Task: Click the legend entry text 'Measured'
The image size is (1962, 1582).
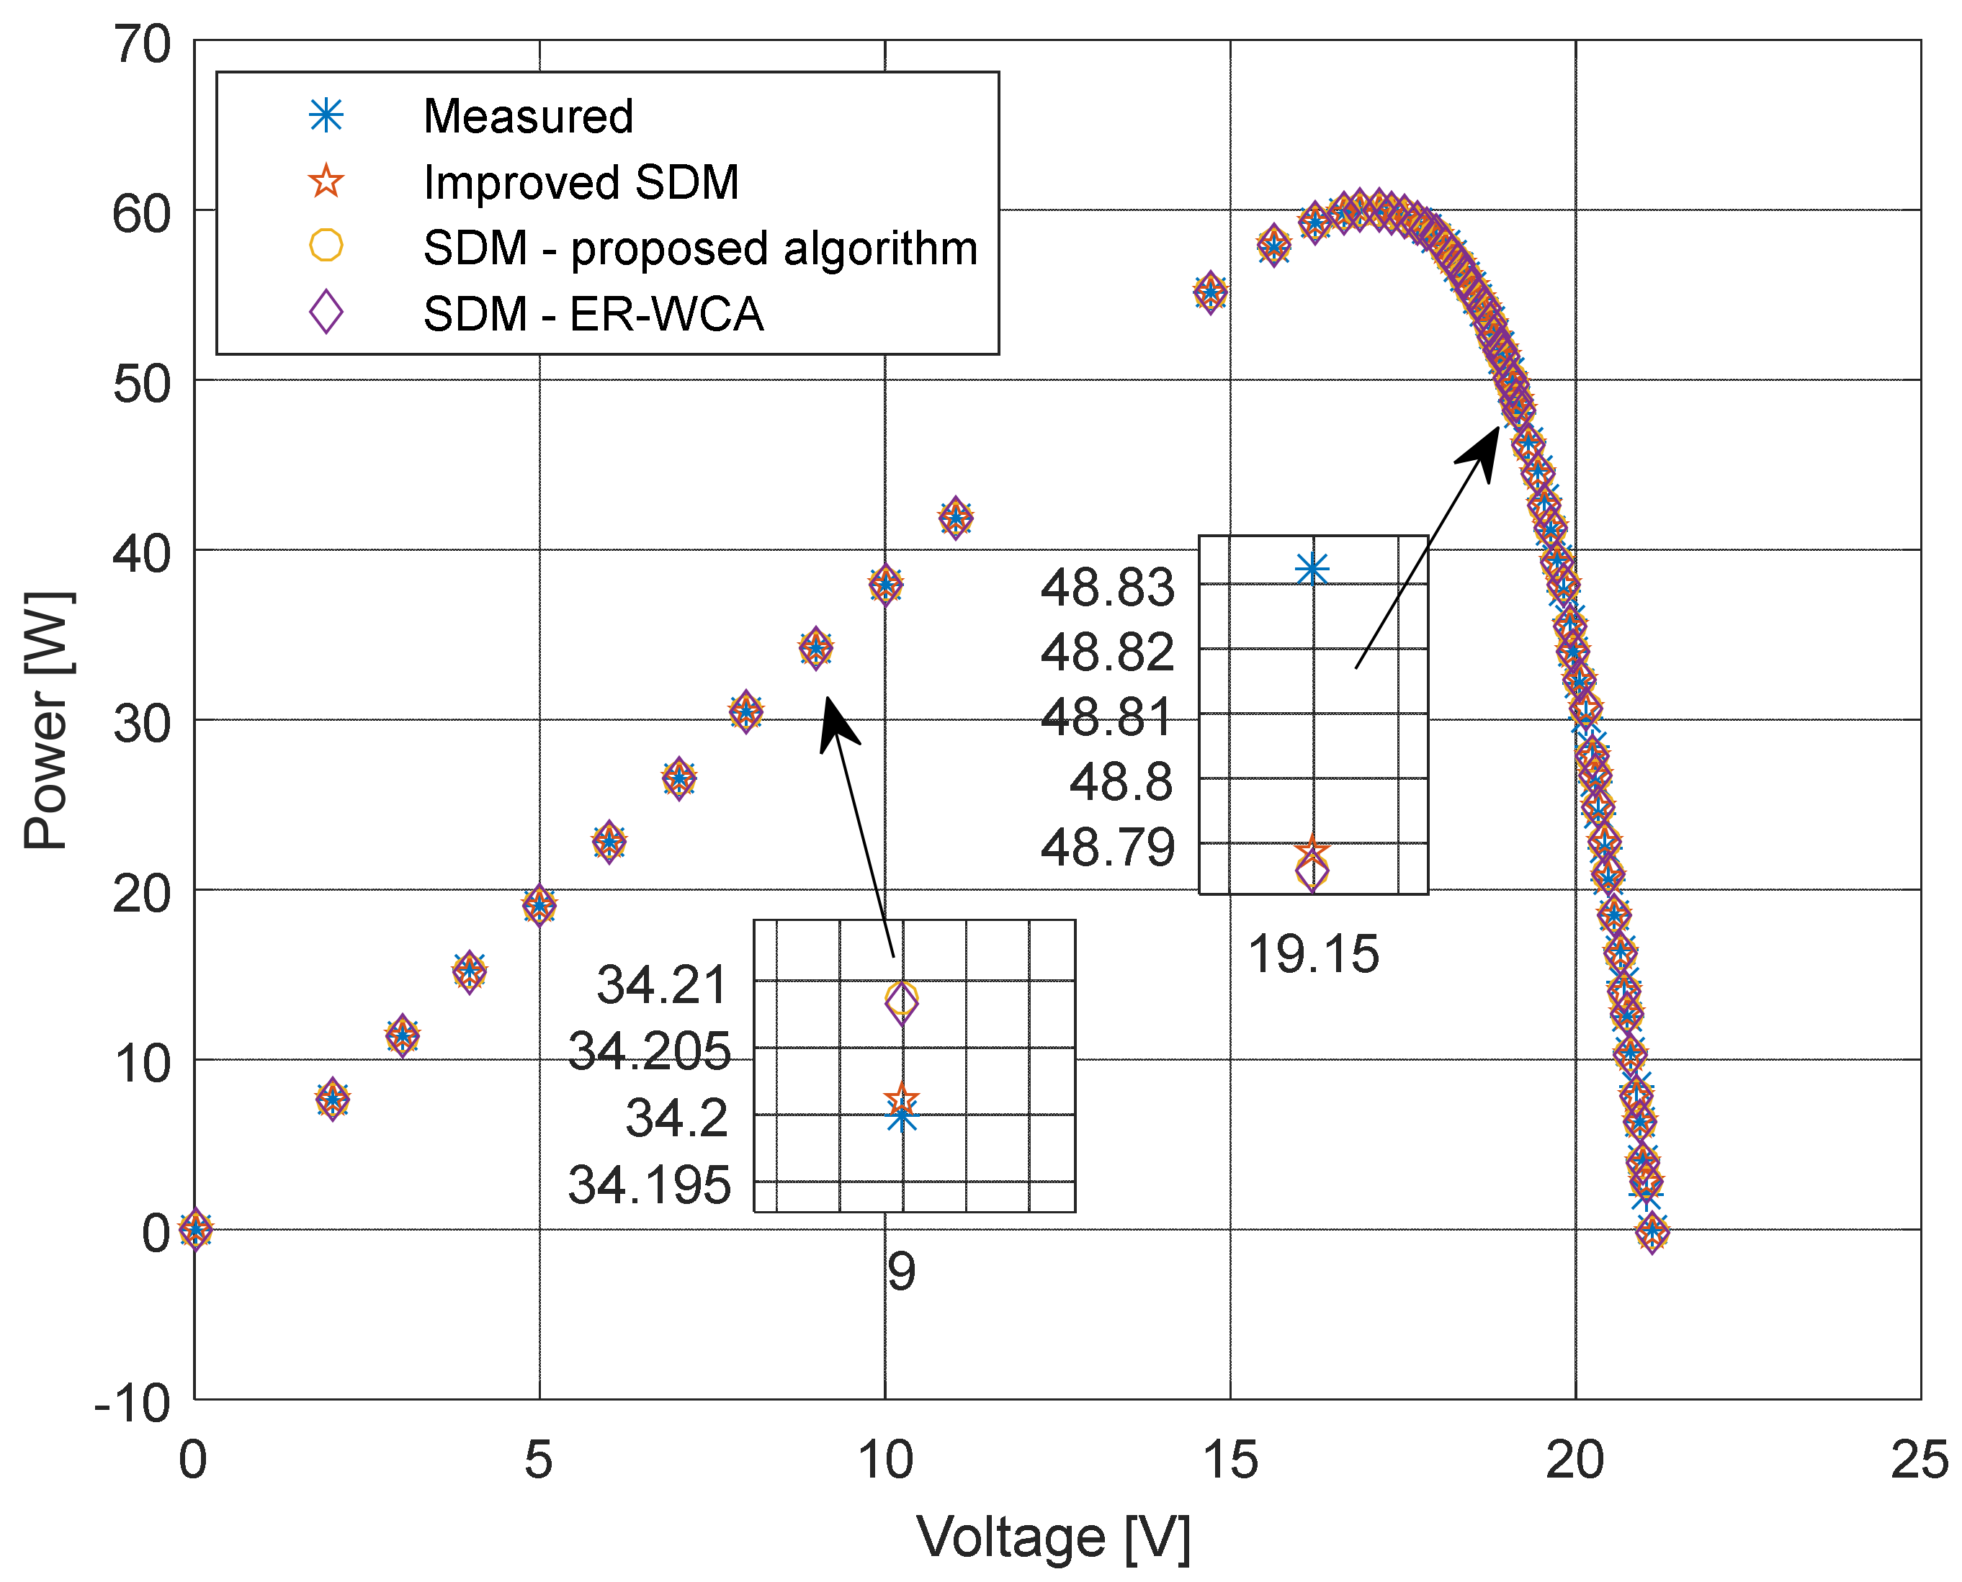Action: (x=528, y=117)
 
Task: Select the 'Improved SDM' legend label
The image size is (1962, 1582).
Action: (x=581, y=182)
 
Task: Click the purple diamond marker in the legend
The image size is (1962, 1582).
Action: (x=326, y=313)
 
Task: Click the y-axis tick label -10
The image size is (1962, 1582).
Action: (x=132, y=1403)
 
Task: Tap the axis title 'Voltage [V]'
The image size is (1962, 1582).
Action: (x=1052, y=1537)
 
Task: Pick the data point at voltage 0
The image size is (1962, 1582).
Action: (x=195, y=1229)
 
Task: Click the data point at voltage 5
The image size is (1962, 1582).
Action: (x=539, y=905)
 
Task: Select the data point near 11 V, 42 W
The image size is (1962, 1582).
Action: (x=954, y=518)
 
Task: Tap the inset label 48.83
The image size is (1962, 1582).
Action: (x=1106, y=588)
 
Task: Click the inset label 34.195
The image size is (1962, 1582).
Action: (x=649, y=1185)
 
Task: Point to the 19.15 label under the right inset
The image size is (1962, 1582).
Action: (x=1312, y=955)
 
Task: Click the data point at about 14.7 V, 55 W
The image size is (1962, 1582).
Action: (x=1209, y=292)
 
